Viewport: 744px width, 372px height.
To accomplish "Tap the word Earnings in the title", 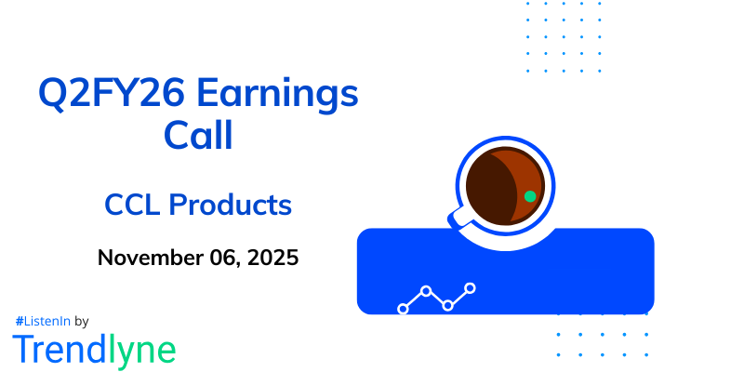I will coord(275,96).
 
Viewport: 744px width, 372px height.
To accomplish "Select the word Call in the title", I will coord(198,137).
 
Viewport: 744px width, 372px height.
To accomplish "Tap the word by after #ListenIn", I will coord(81,320).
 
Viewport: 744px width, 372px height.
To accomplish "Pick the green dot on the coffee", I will coord(529,196).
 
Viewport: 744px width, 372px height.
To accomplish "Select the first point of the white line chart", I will coord(403,308).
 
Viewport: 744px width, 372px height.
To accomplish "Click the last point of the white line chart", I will coord(471,288).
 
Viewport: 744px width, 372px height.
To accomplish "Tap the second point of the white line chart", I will coord(426,291).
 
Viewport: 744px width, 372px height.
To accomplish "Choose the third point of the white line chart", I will coord(448,305).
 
